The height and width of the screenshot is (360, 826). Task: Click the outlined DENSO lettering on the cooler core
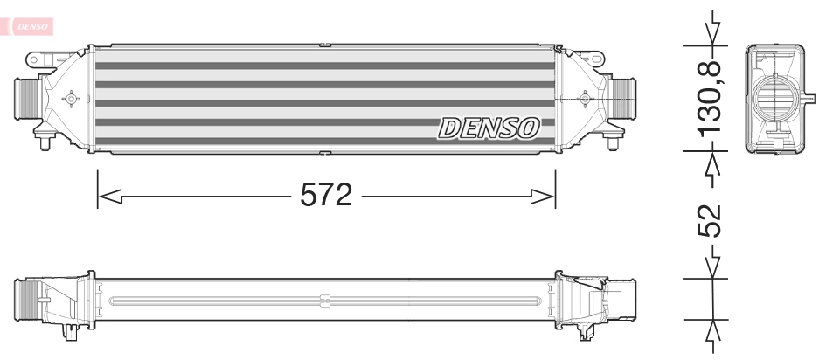pos(489,128)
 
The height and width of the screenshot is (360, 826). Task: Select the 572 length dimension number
pos(325,195)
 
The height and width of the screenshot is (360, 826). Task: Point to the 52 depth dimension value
pos(712,221)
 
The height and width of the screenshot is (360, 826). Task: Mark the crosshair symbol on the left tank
pos(71,99)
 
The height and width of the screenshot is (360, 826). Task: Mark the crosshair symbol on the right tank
pos(581,99)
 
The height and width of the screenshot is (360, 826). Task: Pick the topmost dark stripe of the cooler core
pos(323,66)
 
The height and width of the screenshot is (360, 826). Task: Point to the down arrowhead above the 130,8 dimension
pos(715,33)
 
